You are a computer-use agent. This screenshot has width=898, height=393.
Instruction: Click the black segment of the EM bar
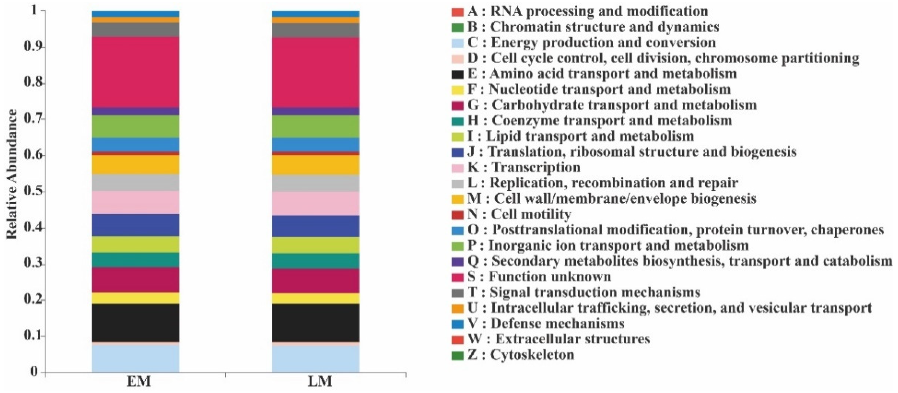(x=135, y=322)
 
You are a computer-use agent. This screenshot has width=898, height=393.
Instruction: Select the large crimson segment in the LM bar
(x=316, y=72)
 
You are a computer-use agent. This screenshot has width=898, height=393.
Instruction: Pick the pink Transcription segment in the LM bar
(x=316, y=203)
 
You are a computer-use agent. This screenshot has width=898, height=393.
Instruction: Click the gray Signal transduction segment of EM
(x=135, y=30)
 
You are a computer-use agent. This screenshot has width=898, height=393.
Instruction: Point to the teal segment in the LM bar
(x=316, y=261)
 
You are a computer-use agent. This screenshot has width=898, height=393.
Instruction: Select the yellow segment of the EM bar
(x=135, y=298)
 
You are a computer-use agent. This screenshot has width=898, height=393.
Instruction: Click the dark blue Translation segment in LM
(x=316, y=226)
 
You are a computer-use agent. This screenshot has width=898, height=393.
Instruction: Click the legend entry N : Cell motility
(x=519, y=214)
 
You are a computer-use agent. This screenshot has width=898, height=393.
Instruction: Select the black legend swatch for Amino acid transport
(x=457, y=74)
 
